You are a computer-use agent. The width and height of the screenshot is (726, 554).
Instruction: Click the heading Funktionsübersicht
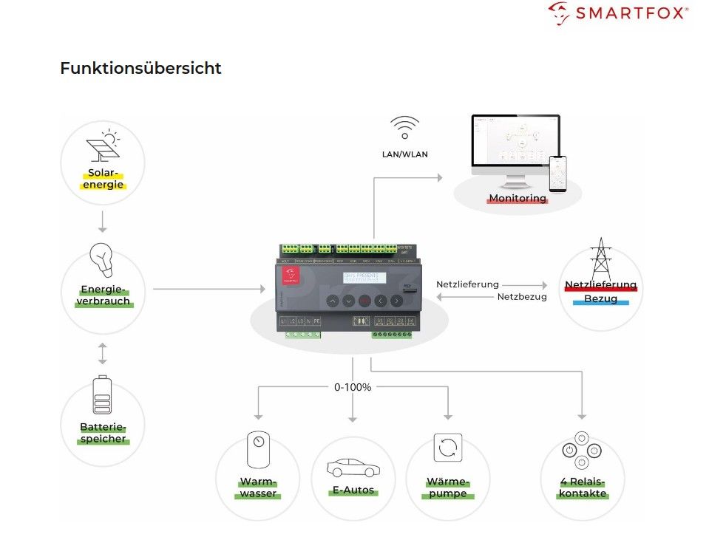(140, 69)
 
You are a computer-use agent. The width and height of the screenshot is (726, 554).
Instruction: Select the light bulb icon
(102, 260)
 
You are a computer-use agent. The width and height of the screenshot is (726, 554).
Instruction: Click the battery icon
(102, 395)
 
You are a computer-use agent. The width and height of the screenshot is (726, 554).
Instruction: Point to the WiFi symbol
(404, 127)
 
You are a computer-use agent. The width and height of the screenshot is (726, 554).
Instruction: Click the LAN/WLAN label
(404, 154)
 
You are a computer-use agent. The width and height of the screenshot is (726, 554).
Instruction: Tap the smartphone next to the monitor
(557, 173)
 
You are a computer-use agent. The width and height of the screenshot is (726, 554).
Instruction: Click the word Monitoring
(517, 198)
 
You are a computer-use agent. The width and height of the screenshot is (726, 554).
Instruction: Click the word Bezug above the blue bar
(600, 298)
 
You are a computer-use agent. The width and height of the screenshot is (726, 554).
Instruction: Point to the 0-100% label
(353, 386)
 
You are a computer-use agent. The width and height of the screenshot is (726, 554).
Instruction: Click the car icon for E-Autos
(353, 468)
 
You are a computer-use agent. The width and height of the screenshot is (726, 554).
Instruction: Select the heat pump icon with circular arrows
(448, 448)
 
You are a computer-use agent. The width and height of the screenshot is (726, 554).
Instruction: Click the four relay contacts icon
(583, 450)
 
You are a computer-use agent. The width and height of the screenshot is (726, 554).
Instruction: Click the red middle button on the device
(364, 301)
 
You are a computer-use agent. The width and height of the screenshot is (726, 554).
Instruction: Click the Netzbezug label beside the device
(522, 297)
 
